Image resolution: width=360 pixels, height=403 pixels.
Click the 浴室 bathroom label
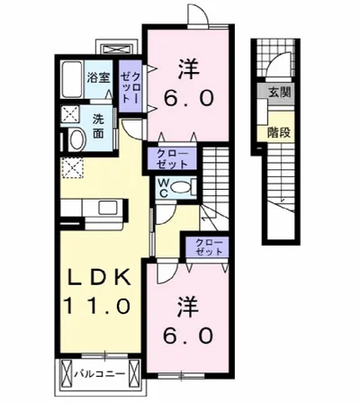click(x=98, y=78)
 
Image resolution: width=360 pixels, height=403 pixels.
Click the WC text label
click(x=166, y=188)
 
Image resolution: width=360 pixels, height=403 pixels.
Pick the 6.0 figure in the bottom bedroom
click(x=187, y=335)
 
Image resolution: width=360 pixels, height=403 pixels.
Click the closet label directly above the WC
click(x=173, y=160)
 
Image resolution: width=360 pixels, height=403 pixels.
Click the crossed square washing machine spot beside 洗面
click(x=69, y=115)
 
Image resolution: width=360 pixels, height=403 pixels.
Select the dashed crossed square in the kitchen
click(x=71, y=167)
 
